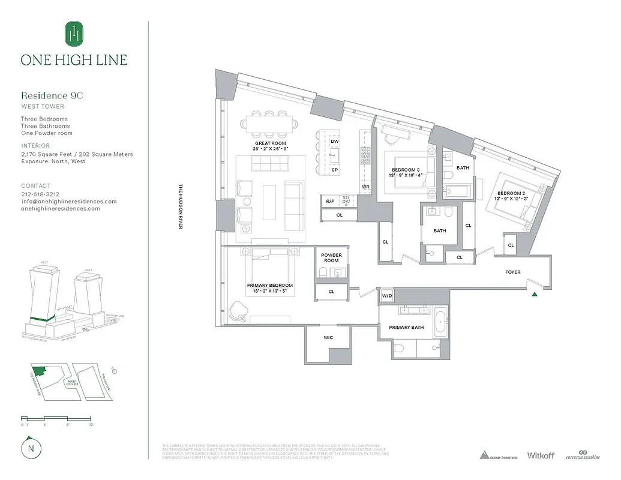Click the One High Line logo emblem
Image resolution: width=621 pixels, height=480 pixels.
pyautogui.click(x=74, y=34)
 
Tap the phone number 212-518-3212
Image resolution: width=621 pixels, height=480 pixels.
pyautogui.click(x=40, y=194)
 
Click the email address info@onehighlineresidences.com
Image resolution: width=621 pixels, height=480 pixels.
pyautogui.click(x=69, y=202)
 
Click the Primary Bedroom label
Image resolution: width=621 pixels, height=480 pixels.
pyautogui.click(x=270, y=285)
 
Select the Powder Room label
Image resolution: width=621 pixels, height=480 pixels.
pyautogui.click(x=331, y=258)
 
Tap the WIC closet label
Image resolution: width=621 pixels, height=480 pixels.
pyautogui.click(x=328, y=338)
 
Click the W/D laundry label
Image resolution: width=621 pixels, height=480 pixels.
pyautogui.click(x=387, y=296)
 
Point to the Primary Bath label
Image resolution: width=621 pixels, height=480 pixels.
pyautogui.click(x=406, y=327)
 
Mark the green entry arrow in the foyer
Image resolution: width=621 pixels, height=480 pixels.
pyautogui.click(x=535, y=294)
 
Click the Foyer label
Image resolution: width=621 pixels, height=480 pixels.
pyautogui.click(x=513, y=272)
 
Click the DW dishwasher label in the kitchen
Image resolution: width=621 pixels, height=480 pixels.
pyautogui.click(x=334, y=142)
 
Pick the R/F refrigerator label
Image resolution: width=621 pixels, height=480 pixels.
pyautogui.click(x=329, y=202)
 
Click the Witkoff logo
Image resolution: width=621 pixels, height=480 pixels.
pyautogui.click(x=541, y=455)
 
